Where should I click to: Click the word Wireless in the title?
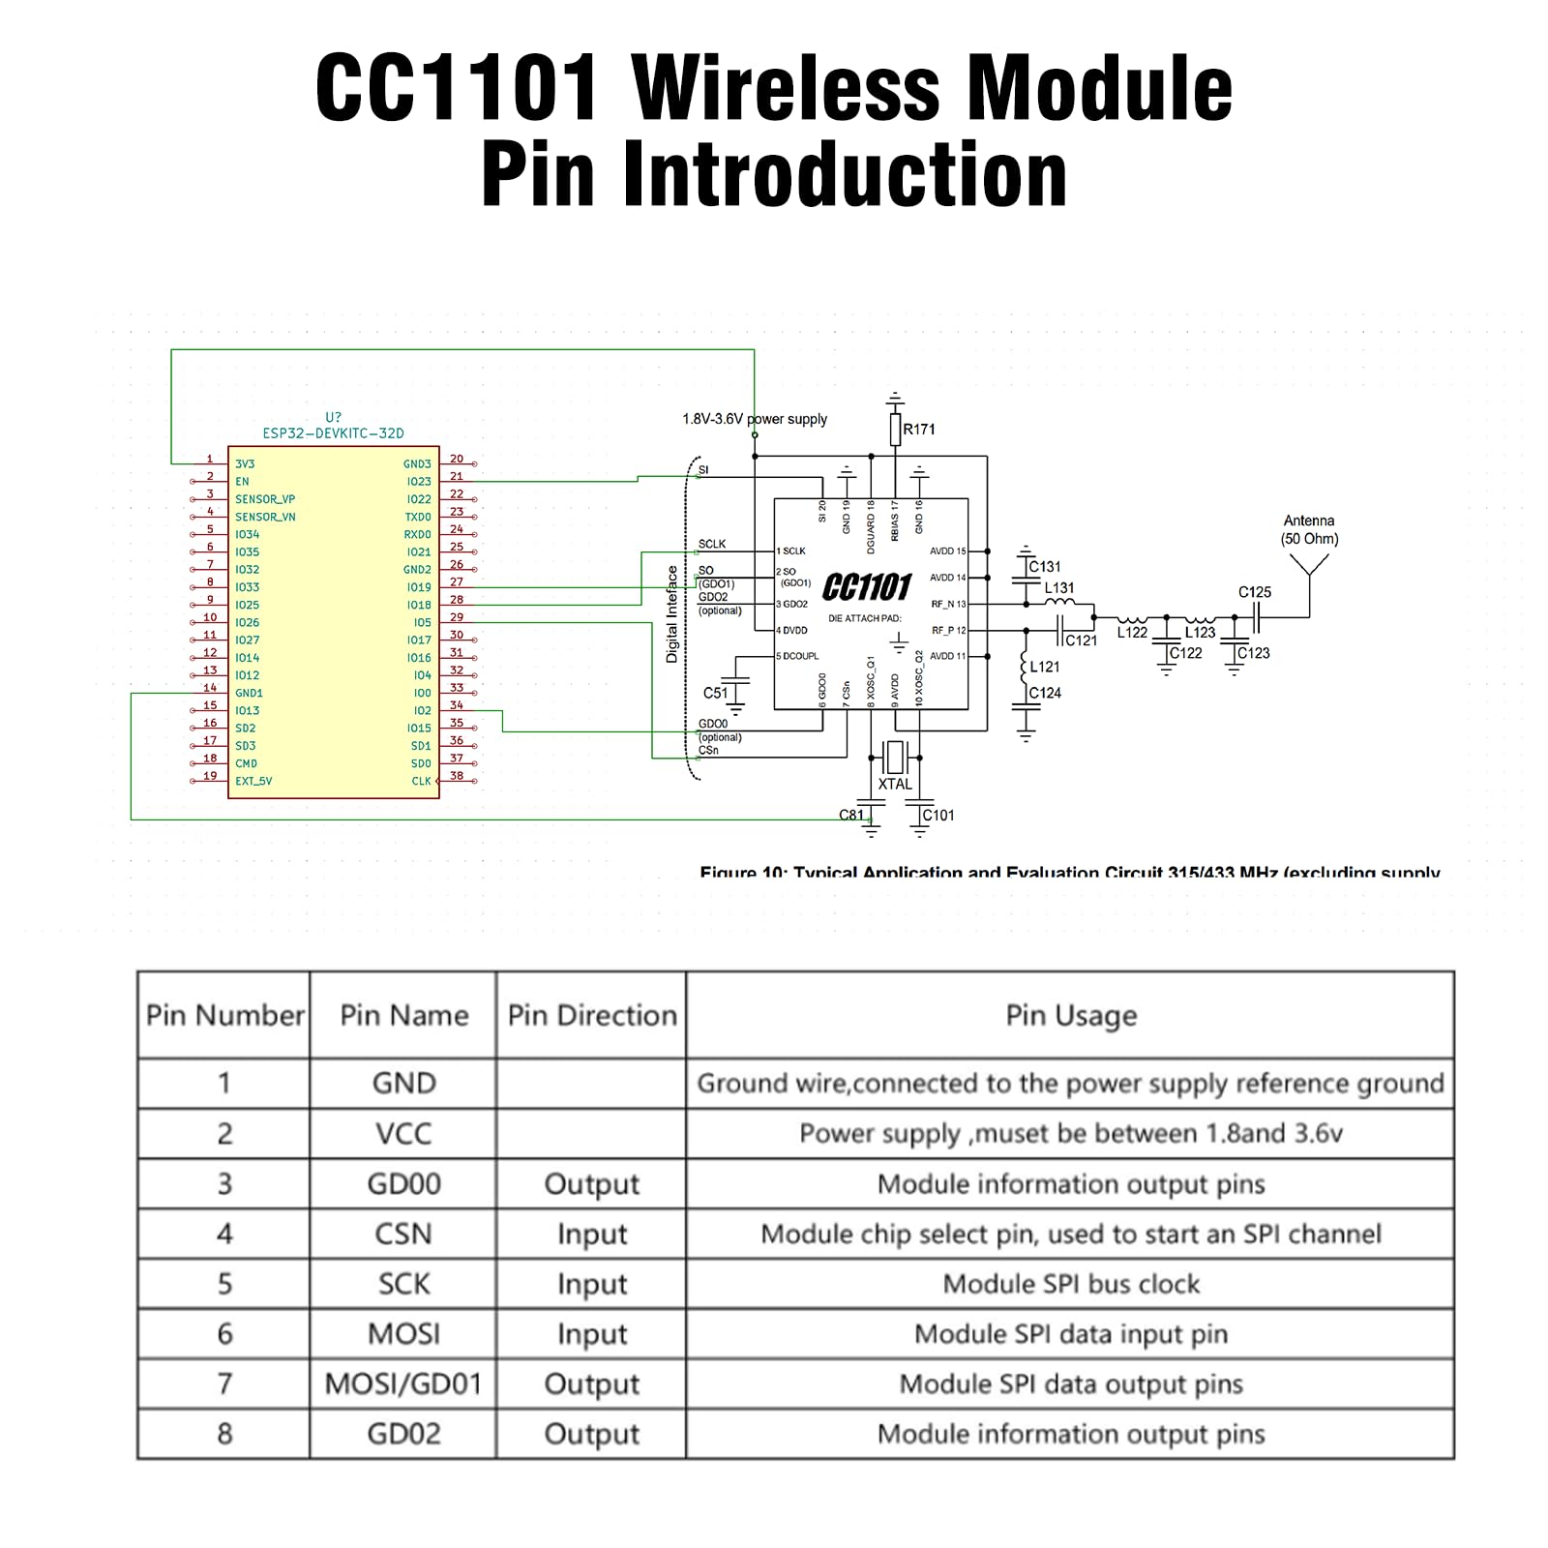[x=786, y=89]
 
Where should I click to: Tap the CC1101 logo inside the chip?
[x=867, y=586]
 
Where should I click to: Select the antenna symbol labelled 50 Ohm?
[x=1309, y=566]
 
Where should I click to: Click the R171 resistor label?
[x=919, y=430]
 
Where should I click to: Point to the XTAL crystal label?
[x=895, y=785]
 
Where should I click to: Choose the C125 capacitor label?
[x=1255, y=592]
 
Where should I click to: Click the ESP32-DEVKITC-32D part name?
[x=334, y=433]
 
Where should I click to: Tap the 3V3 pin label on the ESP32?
[x=245, y=464]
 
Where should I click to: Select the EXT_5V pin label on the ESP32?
[x=253, y=781]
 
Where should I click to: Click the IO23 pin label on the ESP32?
[x=419, y=482]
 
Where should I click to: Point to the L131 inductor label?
[x=1059, y=587]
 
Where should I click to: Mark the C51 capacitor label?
[x=715, y=693]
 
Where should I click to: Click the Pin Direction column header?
[x=592, y=1015]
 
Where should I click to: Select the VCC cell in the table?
[x=403, y=1133]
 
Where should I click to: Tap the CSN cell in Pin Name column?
[x=403, y=1234]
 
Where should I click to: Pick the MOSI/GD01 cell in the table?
[x=403, y=1384]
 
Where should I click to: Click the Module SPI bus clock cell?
[x=1071, y=1284]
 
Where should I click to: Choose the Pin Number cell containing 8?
[x=224, y=1434]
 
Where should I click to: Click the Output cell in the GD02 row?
[x=592, y=1434]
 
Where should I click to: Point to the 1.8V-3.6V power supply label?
[x=755, y=419]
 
